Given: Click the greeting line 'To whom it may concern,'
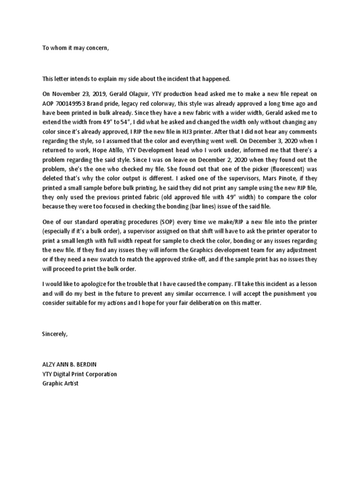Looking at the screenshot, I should [x=75, y=48].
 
